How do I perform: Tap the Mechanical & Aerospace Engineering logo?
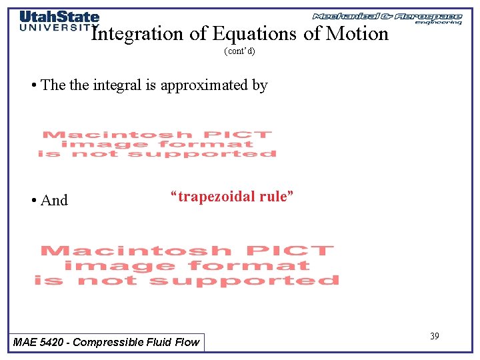(387, 18)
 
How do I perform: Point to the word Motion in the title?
(356, 34)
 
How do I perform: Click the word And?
(54, 200)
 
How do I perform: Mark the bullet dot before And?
(33, 200)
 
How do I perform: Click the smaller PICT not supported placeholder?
(157, 144)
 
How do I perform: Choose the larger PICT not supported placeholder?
(187, 265)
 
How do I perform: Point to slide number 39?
(434, 336)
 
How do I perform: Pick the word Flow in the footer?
(187, 342)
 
